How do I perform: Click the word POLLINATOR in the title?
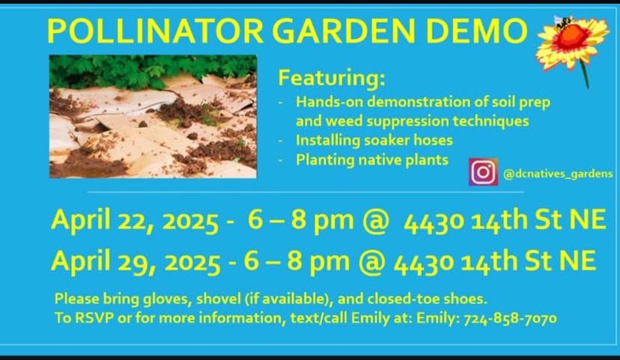click(x=155, y=31)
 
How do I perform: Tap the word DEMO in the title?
click(x=476, y=31)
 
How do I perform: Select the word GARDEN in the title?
click(x=344, y=31)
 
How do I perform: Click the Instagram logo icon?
click(x=483, y=172)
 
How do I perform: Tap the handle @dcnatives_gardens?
click(x=558, y=174)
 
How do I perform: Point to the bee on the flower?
click(x=564, y=22)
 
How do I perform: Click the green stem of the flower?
click(x=584, y=74)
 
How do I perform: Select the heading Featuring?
click(x=332, y=77)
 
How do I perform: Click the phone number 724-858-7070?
click(x=510, y=318)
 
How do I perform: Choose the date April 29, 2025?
click(x=136, y=262)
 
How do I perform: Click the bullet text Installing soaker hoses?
click(x=374, y=140)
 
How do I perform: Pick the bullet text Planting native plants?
click(x=372, y=160)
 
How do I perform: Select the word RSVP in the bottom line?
click(x=94, y=318)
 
